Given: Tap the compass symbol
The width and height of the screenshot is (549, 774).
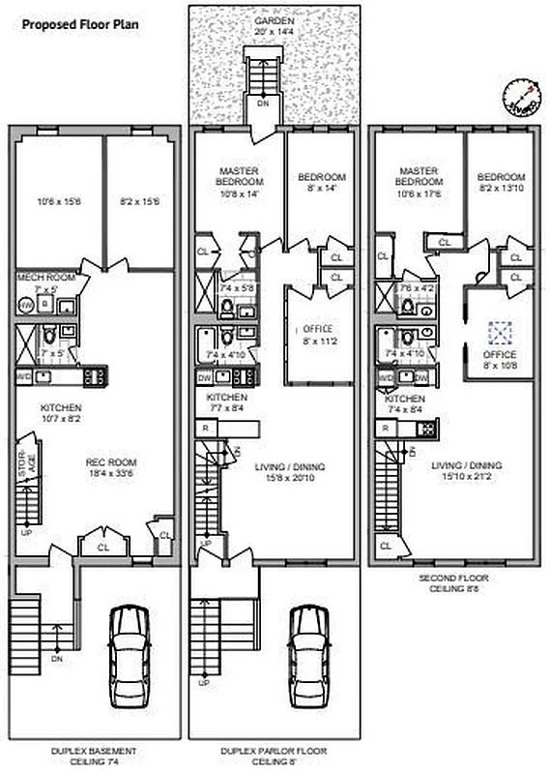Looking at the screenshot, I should [x=521, y=95].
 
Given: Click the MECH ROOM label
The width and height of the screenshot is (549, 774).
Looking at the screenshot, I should [x=45, y=278].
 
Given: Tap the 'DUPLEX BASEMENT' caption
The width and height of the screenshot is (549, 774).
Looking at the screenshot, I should [x=93, y=750].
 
